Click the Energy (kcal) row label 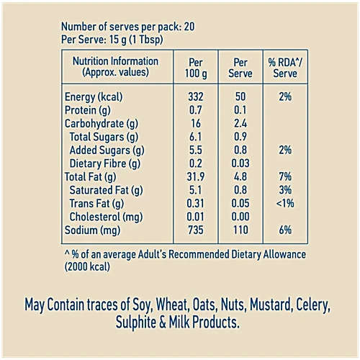tap(94, 97)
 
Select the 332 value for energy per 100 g tap(196, 96)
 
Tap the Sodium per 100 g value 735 tap(196, 230)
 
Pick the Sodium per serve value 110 tap(240, 230)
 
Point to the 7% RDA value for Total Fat tap(285, 176)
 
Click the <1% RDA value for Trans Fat tap(285, 203)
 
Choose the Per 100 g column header tap(196, 68)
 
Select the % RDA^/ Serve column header tap(285, 68)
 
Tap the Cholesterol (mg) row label tap(106, 217)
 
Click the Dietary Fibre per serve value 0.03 tap(240, 163)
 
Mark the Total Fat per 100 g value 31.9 tap(196, 176)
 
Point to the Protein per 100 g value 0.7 tap(196, 110)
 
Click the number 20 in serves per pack tap(189, 27)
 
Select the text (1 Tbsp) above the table tap(146, 40)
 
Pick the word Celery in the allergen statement tap(313, 305)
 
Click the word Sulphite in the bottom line tap(136, 323)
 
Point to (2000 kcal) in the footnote tap(87, 267)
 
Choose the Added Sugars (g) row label tap(107, 150)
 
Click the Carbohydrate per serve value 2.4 tap(240, 123)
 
